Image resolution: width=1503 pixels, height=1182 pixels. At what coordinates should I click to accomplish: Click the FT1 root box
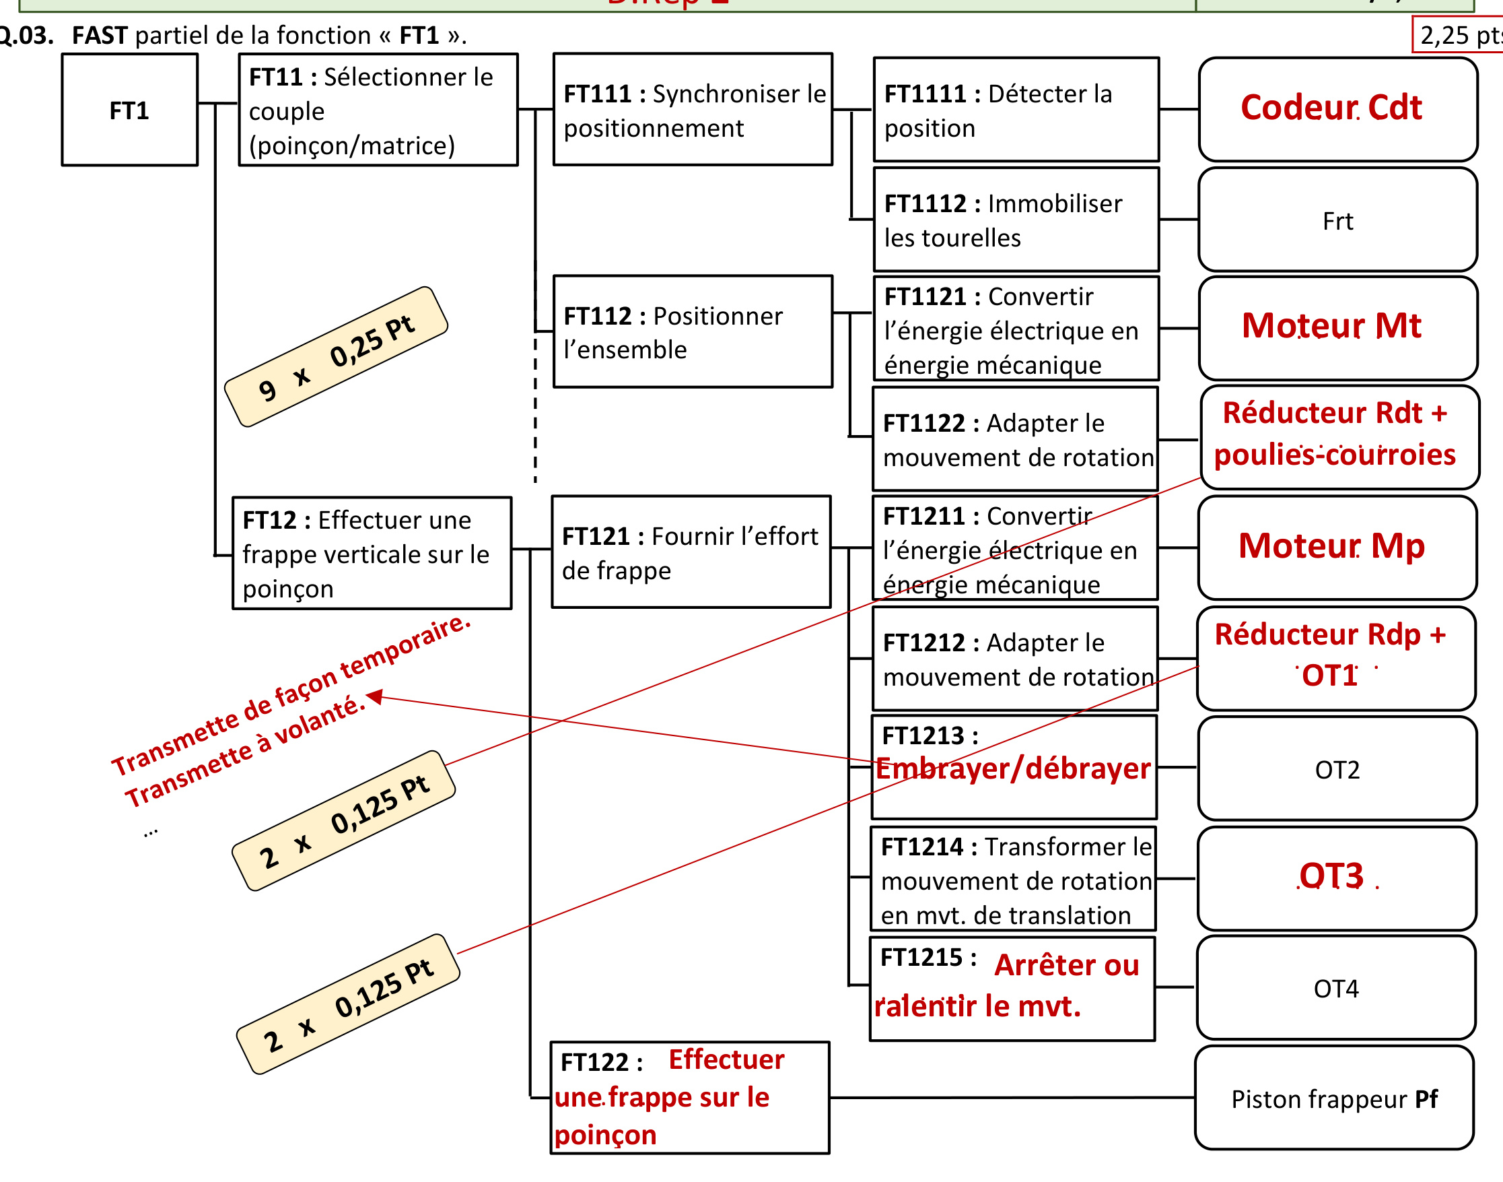pyautogui.click(x=129, y=109)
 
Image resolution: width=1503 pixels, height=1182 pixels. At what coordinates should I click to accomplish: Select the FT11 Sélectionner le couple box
pyautogui.click(x=378, y=109)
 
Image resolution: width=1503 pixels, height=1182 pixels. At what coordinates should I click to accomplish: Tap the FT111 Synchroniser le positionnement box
pyautogui.click(x=693, y=109)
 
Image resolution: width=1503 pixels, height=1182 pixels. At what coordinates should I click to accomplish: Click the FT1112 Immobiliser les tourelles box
pyautogui.click(x=1016, y=220)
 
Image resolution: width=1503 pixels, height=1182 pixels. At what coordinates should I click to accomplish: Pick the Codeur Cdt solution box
pyautogui.click(x=1337, y=109)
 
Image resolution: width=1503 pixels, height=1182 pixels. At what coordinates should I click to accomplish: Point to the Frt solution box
pyautogui.click(x=1337, y=220)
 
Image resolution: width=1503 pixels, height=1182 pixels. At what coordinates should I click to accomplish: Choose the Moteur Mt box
pyautogui.click(x=1337, y=328)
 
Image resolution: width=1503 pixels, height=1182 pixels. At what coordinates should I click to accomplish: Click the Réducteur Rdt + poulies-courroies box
pyautogui.click(x=1339, y=437)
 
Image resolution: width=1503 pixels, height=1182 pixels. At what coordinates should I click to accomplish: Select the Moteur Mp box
pyautogui.click(x=1337, y=548)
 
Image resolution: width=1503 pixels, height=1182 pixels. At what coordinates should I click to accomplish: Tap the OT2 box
pyautogui.click(x=1337, y=768)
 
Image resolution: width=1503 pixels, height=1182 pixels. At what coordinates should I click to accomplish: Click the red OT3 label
pyautogui.click(x=1331, y=876)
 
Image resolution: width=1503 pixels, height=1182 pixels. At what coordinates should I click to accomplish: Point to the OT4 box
pyautogui.click(x=1335, y=987)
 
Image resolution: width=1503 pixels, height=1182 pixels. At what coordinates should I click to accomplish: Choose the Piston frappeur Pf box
pyautogui.click(x=1334, y=1098)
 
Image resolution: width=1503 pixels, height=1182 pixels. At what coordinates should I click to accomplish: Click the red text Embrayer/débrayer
pyautogui.click(x=1012, y=768)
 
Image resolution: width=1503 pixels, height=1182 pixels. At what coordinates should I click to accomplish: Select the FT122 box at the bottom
pyautogui.click(x=690, y=1098)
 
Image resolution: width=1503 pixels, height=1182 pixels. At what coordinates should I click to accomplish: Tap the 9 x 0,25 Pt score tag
pyautogui.click(x=336, y=356)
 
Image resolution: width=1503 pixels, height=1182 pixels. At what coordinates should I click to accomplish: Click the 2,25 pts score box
pyautogui.click(x=1457, y=34)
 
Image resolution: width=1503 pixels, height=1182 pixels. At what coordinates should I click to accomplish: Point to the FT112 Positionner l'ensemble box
pyautogui.click(x=693, y=331)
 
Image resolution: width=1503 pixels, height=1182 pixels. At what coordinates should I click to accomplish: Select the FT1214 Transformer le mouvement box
pyautogui.click(x=1012, y=879)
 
